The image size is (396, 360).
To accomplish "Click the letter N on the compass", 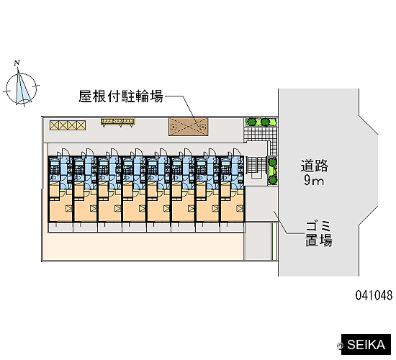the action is tap(17, 63).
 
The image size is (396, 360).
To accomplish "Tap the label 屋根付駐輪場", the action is tap(121, 96).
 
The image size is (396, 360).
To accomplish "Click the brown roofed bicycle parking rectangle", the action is tap(189, 127).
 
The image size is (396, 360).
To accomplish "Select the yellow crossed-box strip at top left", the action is tap(68, 125).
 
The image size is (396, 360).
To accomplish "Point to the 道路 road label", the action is tap(314, 166).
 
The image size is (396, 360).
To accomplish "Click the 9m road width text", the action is tap(314, 181).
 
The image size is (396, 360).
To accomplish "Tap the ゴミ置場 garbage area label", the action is tap(319, 234).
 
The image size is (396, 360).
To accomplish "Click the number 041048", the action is tap(374, 295).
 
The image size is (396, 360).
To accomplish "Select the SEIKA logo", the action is tap(366, 345).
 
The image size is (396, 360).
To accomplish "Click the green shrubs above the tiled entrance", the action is tap(261, 122).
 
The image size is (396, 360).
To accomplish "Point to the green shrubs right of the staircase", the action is tap(272, 171).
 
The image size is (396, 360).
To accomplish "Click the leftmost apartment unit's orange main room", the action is tap(60, 210).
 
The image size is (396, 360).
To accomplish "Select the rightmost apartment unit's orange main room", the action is tap(232, 210).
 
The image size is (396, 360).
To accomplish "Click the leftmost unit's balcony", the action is tap(60, 228).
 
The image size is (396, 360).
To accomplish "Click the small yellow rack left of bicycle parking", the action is tap(118, 122).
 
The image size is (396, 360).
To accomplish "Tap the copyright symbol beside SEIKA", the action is tap(340, 346).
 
